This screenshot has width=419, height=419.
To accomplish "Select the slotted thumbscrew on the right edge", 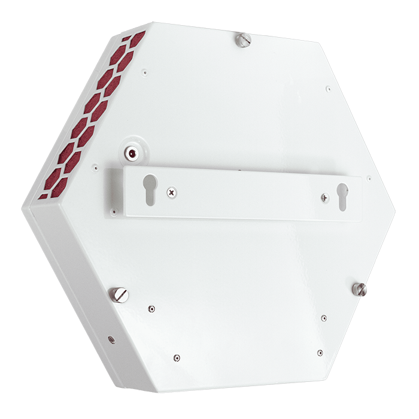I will [360, 289].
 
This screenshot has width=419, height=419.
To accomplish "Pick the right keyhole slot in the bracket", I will [342, 196].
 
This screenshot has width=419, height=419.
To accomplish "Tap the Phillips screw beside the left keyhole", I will [172, 193].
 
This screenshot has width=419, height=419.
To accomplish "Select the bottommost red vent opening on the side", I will [43, 196].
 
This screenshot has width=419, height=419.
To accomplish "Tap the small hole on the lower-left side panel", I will [111, 339].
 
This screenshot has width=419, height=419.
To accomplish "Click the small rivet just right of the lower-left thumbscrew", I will [151, 309].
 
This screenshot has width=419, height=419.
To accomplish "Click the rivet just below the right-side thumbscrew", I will [324, 318].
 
